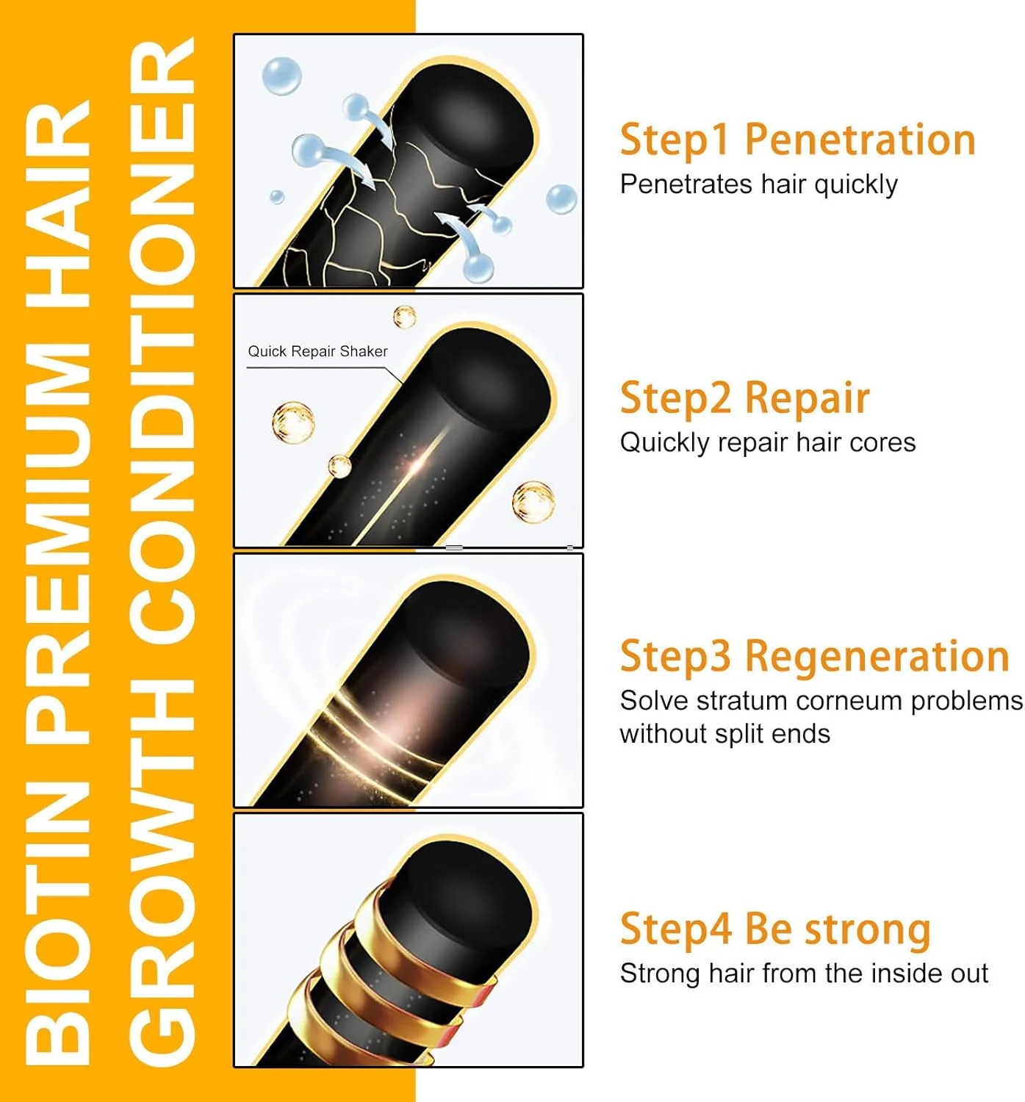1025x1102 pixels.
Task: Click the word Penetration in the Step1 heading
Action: [x=860, y=140]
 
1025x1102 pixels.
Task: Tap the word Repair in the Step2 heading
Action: [x=808, y=398]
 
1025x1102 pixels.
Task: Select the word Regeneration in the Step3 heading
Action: [x=877, y=657]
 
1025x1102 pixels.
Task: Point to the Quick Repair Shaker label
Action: [x=317, y=351]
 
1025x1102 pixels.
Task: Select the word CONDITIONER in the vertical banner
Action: [x=162, y=349]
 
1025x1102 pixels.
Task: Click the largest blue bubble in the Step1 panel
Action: [x=282, y=76]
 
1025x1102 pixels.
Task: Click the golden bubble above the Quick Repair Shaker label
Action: [x=405, y=317]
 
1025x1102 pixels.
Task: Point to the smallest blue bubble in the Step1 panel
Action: [x=277, y=197]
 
